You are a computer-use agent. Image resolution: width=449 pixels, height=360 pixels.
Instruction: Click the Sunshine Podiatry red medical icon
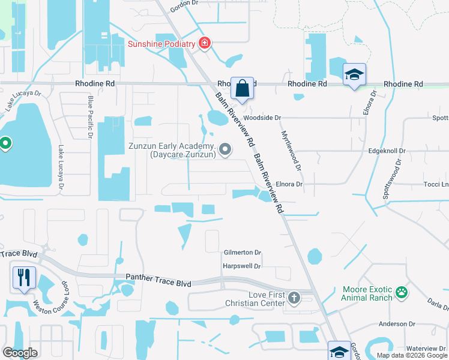[205, 44]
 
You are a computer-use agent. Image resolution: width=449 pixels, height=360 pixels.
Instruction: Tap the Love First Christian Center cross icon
[294, 297]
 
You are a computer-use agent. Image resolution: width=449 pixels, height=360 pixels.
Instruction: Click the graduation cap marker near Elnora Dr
[354, 75]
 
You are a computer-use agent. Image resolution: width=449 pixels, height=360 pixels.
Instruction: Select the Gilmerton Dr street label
[243, 253]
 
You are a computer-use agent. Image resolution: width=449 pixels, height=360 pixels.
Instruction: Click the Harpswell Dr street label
[242, 266]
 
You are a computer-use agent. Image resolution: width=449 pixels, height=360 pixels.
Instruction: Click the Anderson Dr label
[397, 324]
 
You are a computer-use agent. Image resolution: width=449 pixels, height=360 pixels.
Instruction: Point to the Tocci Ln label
[436, 184]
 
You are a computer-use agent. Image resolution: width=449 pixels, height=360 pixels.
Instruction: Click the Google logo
[20, 353]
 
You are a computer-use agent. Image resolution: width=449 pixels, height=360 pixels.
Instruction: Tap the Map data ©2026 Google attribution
[412, 355]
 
